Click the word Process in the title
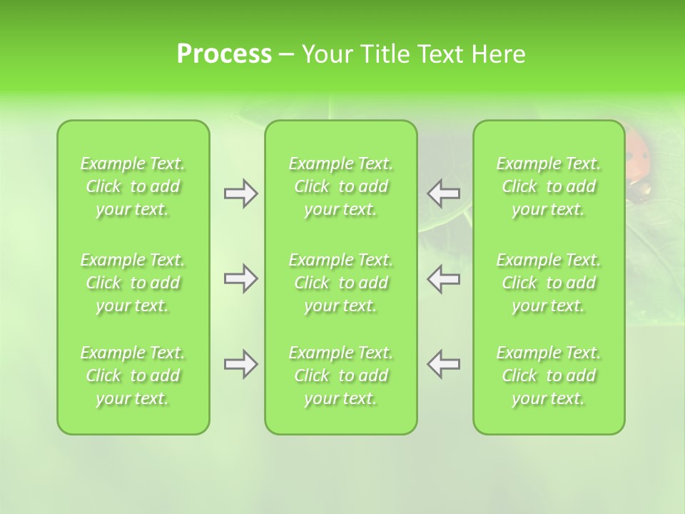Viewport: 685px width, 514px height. (224, 54)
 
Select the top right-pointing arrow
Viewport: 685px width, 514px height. (241, 193)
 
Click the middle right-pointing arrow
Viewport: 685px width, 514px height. (241, 278)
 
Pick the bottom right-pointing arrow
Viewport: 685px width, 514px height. (241, 364)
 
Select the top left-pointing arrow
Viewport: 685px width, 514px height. (443, 193)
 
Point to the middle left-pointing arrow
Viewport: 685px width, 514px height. (443, 278)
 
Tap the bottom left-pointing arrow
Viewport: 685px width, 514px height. (443, 364)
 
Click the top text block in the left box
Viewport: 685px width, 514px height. (133, 186)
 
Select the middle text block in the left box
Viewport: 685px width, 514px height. (133, 283)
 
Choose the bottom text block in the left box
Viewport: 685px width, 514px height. (133, 376)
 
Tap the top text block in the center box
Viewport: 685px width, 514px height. (340, 186)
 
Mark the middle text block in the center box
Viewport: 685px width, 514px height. (340, 283)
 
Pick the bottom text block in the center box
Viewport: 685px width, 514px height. (340, 376)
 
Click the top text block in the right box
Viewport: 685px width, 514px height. (549, 186)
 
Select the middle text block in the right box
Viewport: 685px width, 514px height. (549, 283)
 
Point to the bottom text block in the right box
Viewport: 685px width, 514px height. (549, 376)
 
